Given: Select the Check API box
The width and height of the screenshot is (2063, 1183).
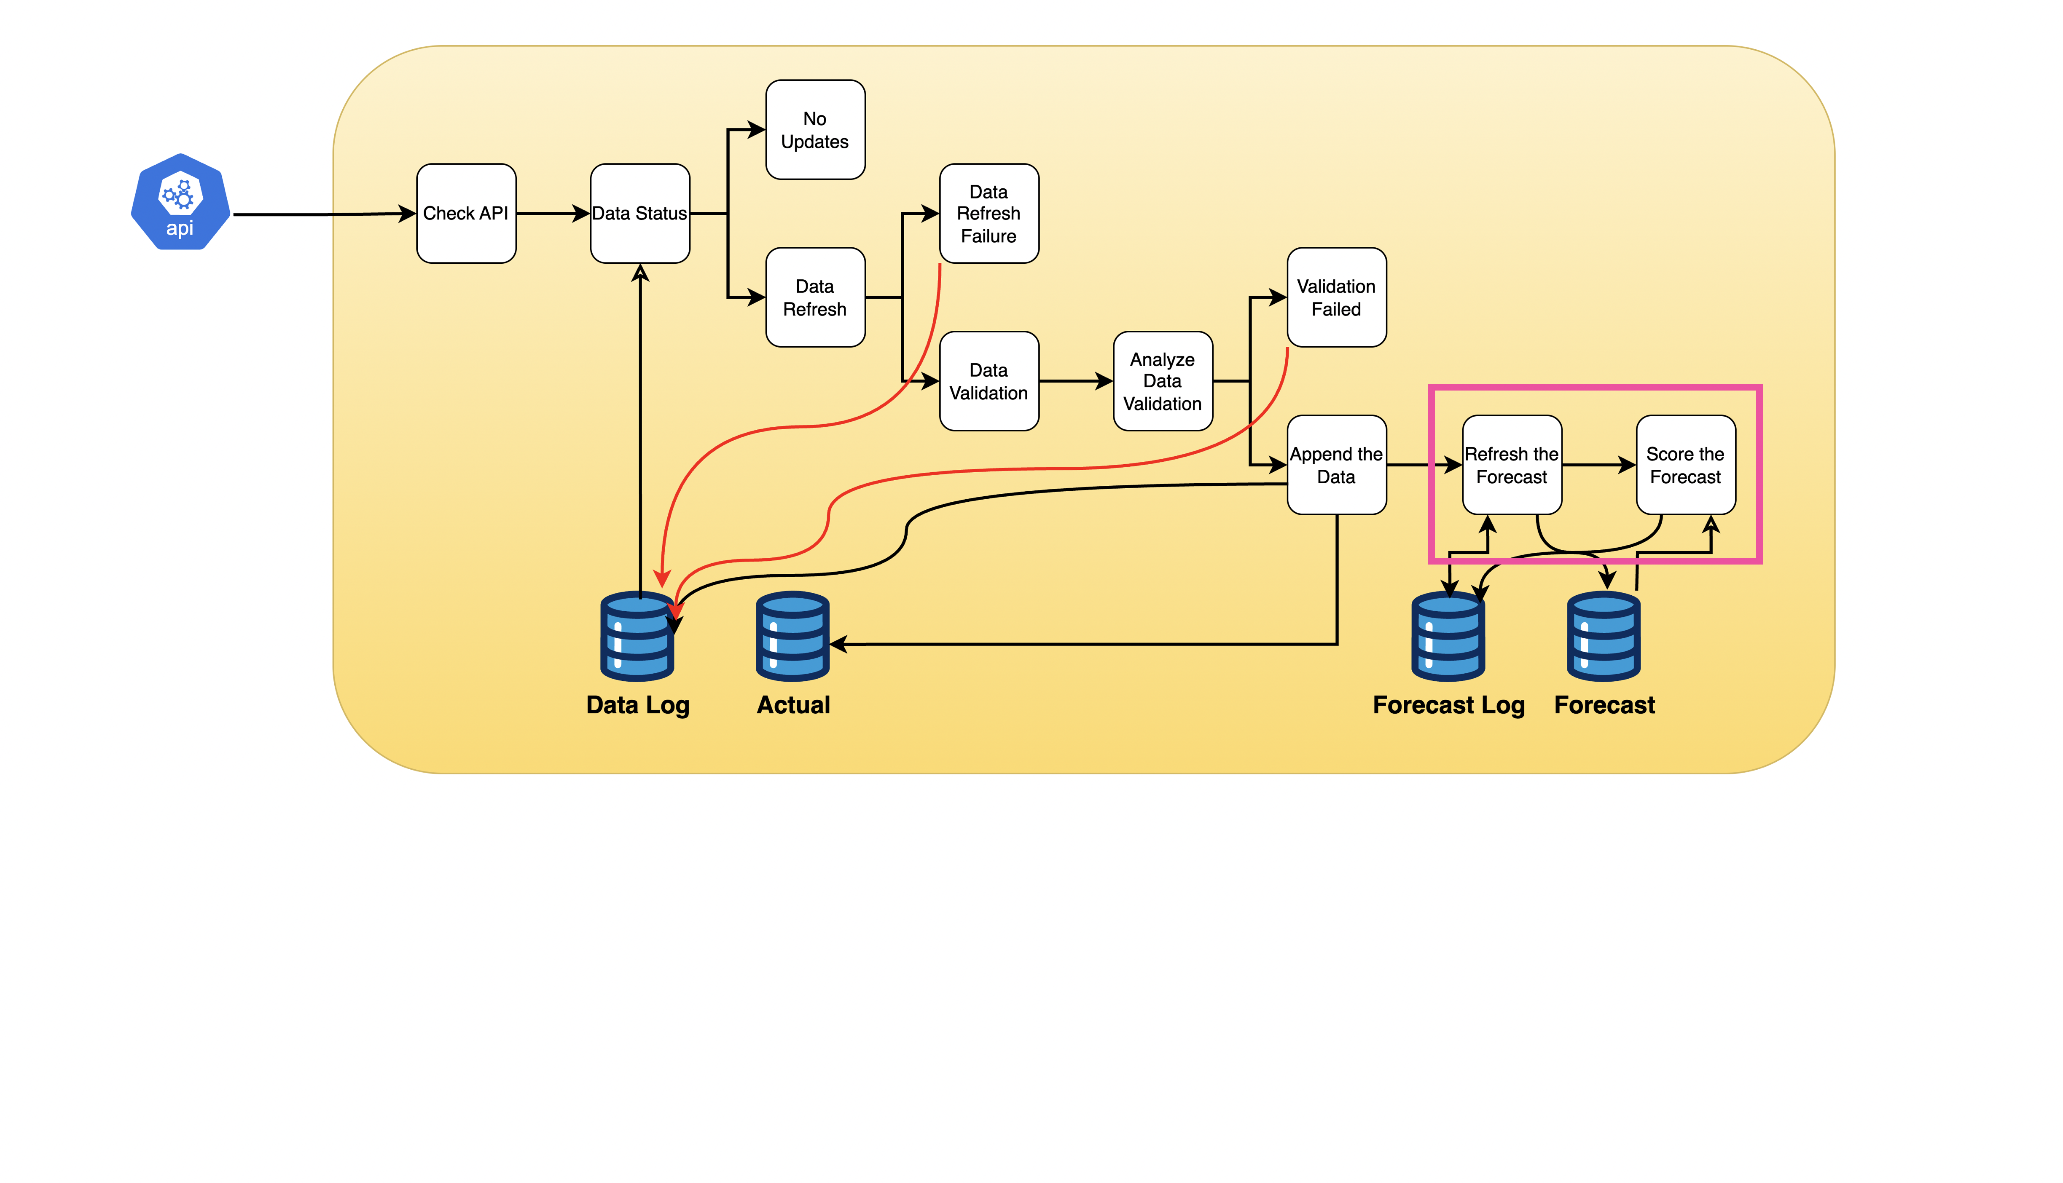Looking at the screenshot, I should point(466,214).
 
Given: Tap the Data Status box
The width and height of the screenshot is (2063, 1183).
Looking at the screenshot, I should point(640,214).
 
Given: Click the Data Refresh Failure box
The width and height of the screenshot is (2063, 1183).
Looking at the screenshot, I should point(989,214).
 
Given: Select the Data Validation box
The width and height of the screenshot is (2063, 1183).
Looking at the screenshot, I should point(989,381).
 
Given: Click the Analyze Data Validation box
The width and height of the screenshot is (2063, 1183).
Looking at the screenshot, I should point(1162,381).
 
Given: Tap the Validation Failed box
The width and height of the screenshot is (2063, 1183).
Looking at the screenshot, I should point(1336,297).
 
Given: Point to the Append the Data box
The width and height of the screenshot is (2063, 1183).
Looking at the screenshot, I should point(1336,465).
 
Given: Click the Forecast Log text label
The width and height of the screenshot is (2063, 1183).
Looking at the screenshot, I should point(1448,705).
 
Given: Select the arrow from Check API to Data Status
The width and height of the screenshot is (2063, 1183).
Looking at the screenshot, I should point(553,214).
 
